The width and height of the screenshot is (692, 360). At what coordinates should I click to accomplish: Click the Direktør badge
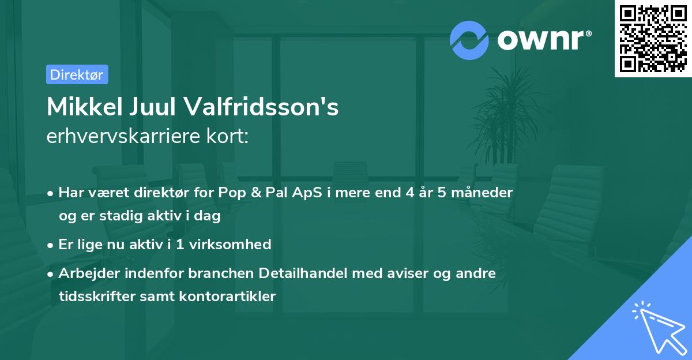point(77,74)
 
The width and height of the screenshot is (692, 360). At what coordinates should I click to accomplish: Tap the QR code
point(652,39)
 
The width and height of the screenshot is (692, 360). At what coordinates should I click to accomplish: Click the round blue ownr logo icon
point(469,40)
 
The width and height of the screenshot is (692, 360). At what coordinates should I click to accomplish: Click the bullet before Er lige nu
point(51,245)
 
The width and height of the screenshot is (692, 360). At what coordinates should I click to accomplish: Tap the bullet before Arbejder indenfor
point(51,273)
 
